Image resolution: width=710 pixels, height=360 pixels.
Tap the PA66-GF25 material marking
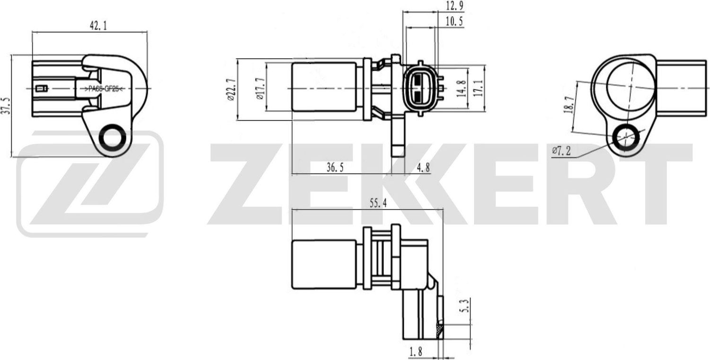(103, 88)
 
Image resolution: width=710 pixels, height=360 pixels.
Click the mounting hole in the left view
(112, 138)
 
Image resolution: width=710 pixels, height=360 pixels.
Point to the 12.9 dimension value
(454, 6)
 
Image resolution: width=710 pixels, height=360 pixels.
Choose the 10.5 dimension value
(454, 21)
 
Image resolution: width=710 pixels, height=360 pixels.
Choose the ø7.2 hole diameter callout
(561, 151)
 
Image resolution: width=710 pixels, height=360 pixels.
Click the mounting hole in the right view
(626, 138)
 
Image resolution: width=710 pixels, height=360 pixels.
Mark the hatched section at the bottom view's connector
(440, 329)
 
